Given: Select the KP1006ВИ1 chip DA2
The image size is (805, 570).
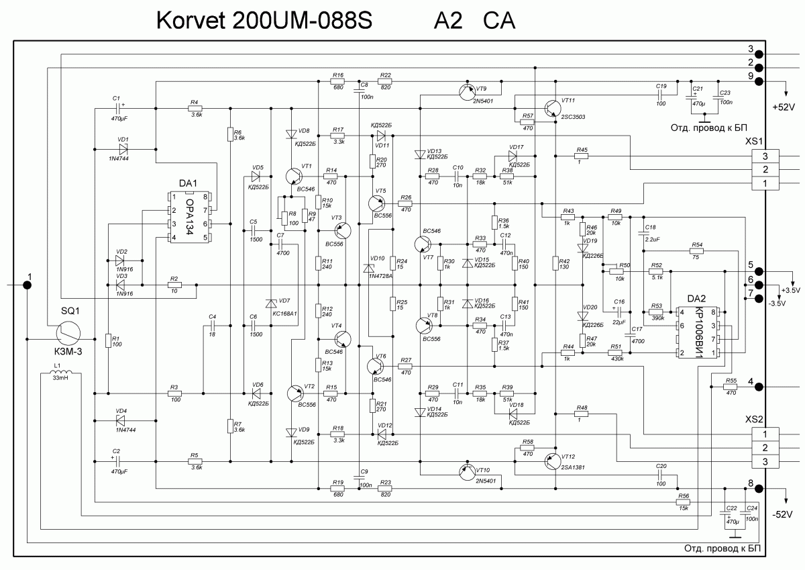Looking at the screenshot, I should click(698, 332).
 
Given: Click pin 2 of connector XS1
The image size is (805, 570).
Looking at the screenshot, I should click(766, 169).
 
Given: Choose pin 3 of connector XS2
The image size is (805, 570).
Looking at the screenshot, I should click(766, 461).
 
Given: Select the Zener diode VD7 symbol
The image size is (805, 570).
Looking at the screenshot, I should click(271, 303).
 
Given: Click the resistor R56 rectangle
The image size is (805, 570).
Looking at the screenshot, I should click(684, 502).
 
